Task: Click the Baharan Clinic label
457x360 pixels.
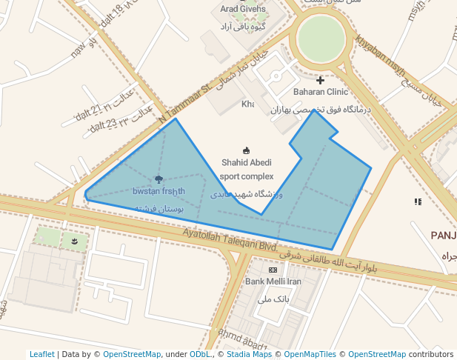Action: click(x=320, y=93)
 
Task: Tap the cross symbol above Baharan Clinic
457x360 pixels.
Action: click(x=320, y=80)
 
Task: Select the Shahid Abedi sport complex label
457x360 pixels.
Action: click(x=247, y=170)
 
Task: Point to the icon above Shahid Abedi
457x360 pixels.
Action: click(x=247, y=150)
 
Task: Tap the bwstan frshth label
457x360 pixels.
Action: click(x=159, y=191)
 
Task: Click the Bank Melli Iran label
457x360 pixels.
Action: click(x=273, y=281)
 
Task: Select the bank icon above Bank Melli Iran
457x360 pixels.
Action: click(x=273, y=270)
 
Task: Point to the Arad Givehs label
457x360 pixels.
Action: click(x=242, y=9)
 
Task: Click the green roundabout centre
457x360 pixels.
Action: click(x=321, y=39)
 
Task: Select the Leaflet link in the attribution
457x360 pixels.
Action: click(x=42, y=354)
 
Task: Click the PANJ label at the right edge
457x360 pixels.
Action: click(x=443, y=235)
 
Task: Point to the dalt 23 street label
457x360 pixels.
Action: click(x=103, y=128)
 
